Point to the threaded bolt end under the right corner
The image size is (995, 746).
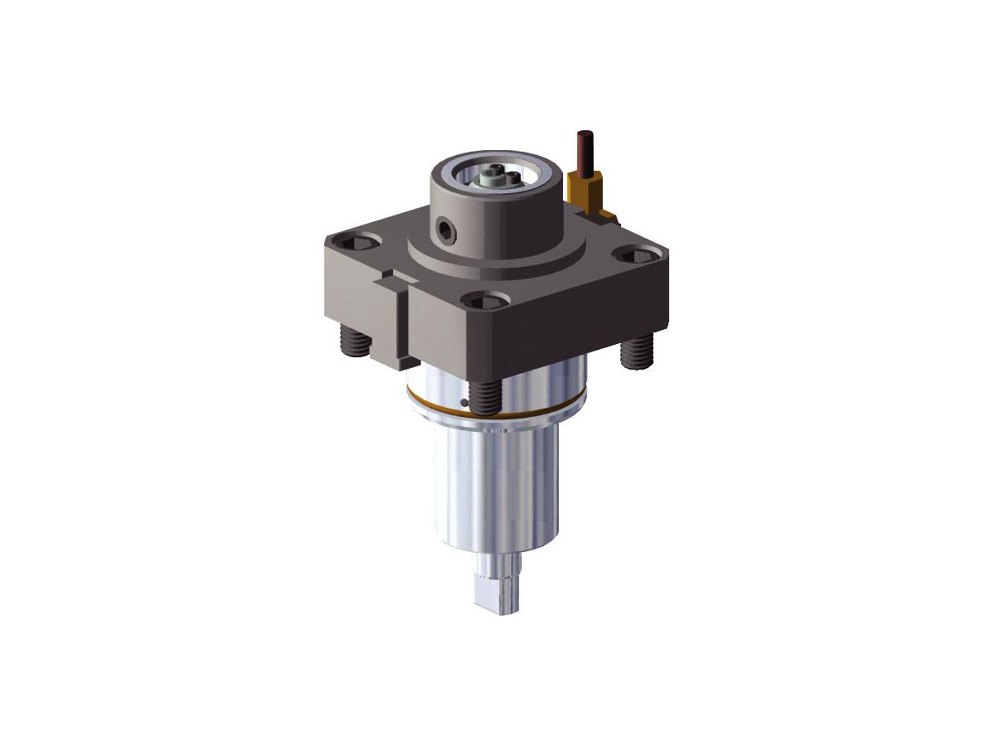point(635,352)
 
